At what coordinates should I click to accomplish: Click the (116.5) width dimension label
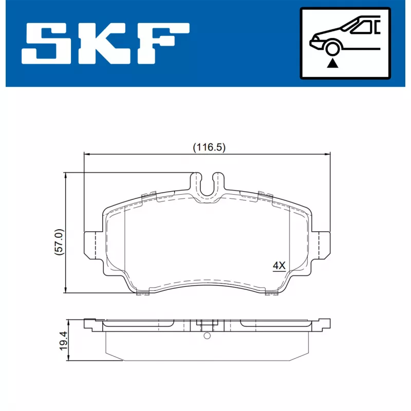coord(209,147)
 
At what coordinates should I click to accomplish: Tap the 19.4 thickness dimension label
coord(63,340)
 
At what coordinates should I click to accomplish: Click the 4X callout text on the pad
coord(278,266)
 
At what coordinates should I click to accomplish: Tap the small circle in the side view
coord(207,336)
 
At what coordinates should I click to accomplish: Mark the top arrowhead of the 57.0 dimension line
coord(65,176)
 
